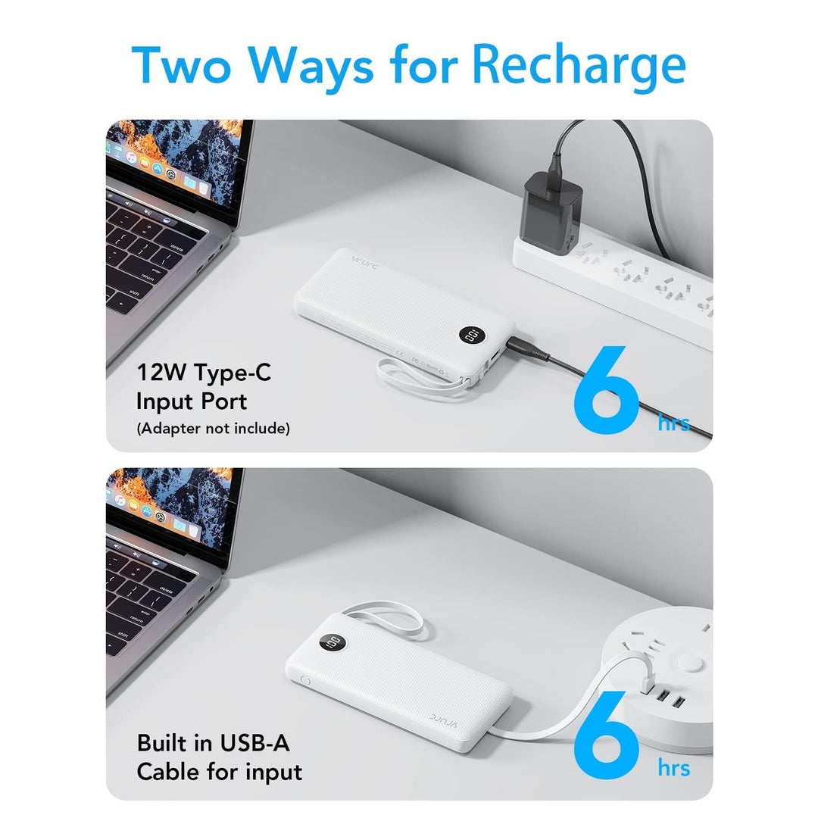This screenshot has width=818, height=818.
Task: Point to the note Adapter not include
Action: [x=213, y=429]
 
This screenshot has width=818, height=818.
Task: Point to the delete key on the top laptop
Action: [x=176, y=248]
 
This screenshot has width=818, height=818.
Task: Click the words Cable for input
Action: [x=220, y=772]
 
